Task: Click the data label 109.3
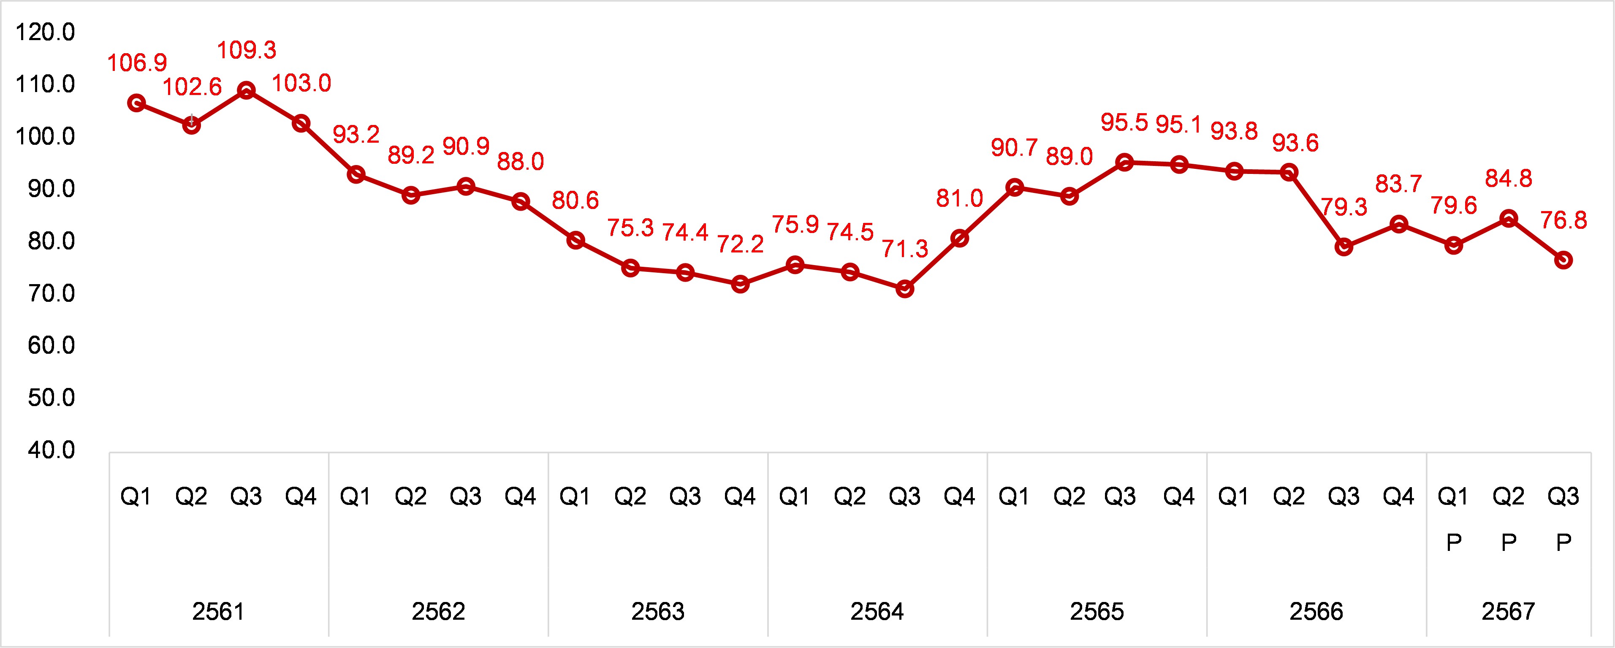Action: click(247, 50)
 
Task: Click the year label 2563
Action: click(658, 611)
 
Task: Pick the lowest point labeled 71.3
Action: click(905, 289)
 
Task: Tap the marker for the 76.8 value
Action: click(1563, 260)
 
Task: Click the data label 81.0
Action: click(959, 199)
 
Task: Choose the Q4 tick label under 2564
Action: click(959, 497)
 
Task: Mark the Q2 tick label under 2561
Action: click(191, 497)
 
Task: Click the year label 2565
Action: click(1097, 611)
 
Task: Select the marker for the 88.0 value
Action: click(520, 202)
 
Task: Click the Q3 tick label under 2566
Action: click(1344, 497)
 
